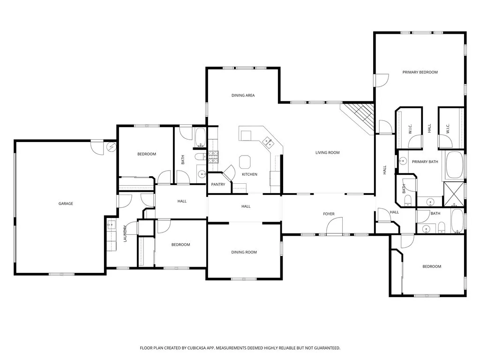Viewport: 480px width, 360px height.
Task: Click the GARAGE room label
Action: pos(66,203)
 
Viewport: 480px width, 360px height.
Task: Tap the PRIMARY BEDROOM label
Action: pos(420,72)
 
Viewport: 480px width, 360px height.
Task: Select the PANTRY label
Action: pos(218,184)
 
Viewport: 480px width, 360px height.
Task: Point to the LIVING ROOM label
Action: pos(328,152)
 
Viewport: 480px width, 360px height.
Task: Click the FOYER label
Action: pos(329,214)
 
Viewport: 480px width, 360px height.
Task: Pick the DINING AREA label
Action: pos(243,95)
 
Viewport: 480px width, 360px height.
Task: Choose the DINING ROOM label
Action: pos(244,252)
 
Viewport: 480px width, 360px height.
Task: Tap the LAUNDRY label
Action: pos(125,233)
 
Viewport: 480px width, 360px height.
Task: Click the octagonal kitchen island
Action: pos(245,162)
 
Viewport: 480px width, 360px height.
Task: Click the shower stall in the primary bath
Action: pos(454,194)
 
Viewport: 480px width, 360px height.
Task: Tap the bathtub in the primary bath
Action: pos(455,165)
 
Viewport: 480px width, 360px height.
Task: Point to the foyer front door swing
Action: pos(334,226)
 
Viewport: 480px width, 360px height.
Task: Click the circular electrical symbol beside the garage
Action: pos(111,147)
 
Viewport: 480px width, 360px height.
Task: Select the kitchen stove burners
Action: pos(213,157)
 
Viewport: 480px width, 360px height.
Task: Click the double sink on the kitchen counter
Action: pos(268,142)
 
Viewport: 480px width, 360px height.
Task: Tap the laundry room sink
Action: pos(111,225)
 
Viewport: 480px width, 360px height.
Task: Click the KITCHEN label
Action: pos(249,174)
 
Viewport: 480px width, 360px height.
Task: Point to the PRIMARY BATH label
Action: pos(425,162)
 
